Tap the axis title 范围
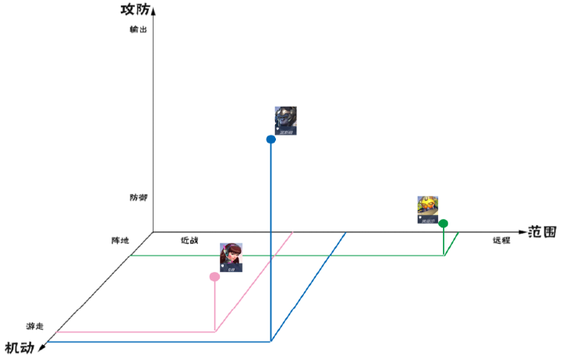542,231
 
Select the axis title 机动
19,347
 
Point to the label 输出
138,30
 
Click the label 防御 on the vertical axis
138,198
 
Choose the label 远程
501,241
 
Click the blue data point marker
270,139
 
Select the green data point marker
444,224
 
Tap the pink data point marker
214,277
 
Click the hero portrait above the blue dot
285,121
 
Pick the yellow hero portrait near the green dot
427,210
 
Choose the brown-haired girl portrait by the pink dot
231,257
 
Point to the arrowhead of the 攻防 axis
154,9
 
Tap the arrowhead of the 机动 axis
42,347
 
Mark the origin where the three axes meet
154,231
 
